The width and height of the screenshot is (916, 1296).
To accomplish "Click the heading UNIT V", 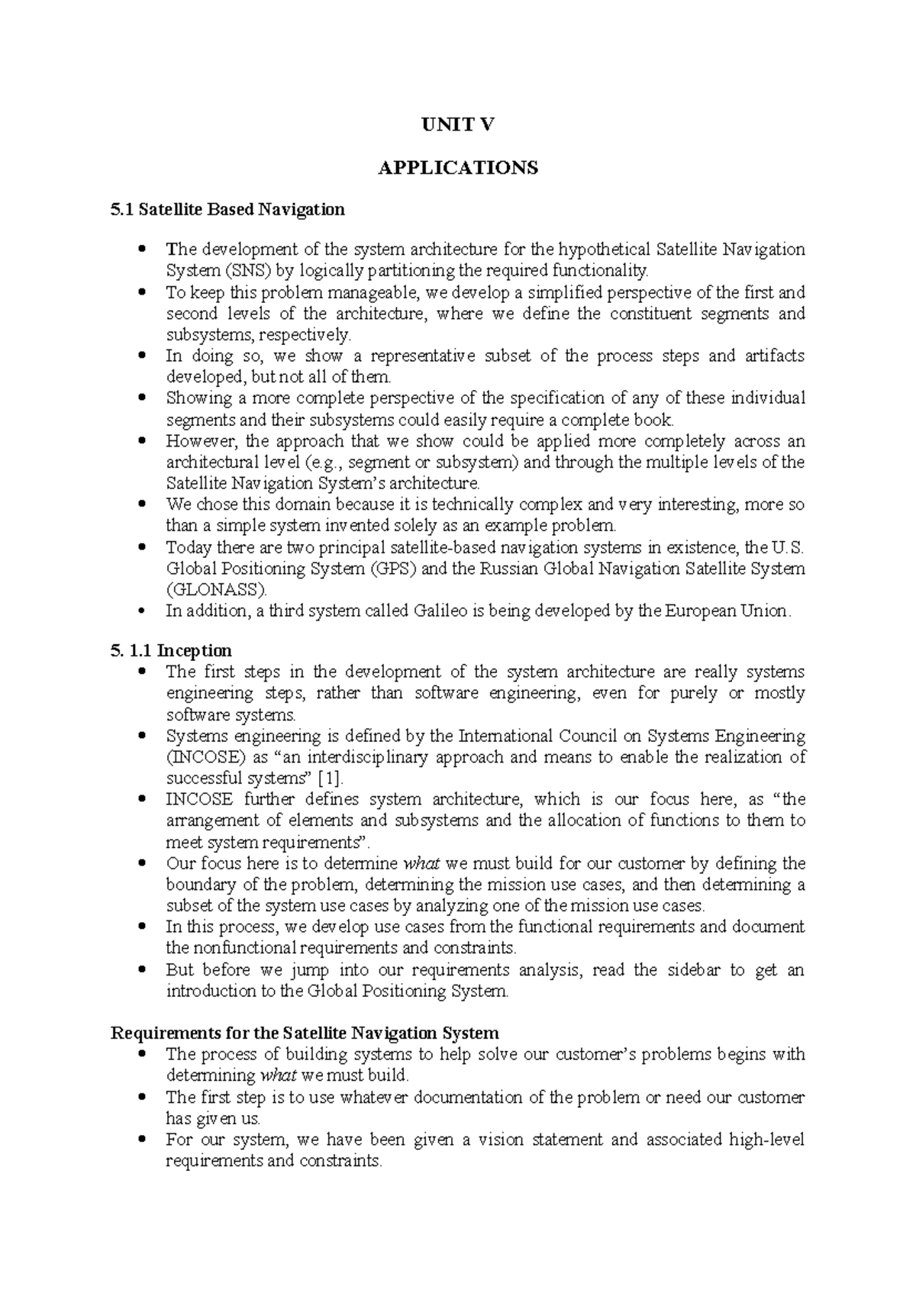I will (x=458, y=125).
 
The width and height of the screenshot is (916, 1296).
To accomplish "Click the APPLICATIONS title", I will (x=458, y=167).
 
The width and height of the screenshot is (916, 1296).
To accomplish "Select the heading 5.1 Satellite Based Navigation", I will (x=227, y=209).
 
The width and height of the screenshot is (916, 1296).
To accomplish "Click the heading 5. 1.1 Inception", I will (x=171, y=651).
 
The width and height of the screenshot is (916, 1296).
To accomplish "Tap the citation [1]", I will (x=330, y=779).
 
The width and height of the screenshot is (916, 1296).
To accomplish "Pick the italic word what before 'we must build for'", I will (x=421, y=864).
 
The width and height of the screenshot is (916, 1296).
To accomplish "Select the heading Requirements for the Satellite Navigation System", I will (x=305, y=1033).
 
